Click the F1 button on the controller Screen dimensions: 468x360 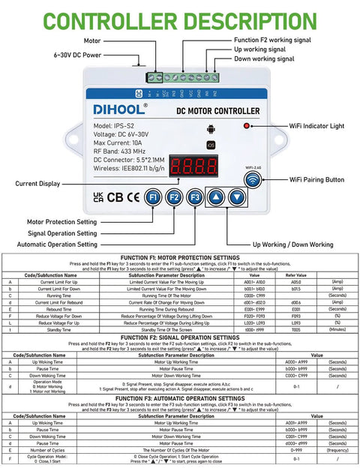153,196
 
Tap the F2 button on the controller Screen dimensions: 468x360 174,196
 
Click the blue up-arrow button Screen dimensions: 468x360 216,196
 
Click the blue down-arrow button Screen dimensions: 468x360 237,196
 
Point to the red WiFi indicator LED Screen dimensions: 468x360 247,126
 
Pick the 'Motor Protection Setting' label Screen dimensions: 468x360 71,222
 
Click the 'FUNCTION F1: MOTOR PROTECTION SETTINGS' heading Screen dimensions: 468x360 179,256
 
